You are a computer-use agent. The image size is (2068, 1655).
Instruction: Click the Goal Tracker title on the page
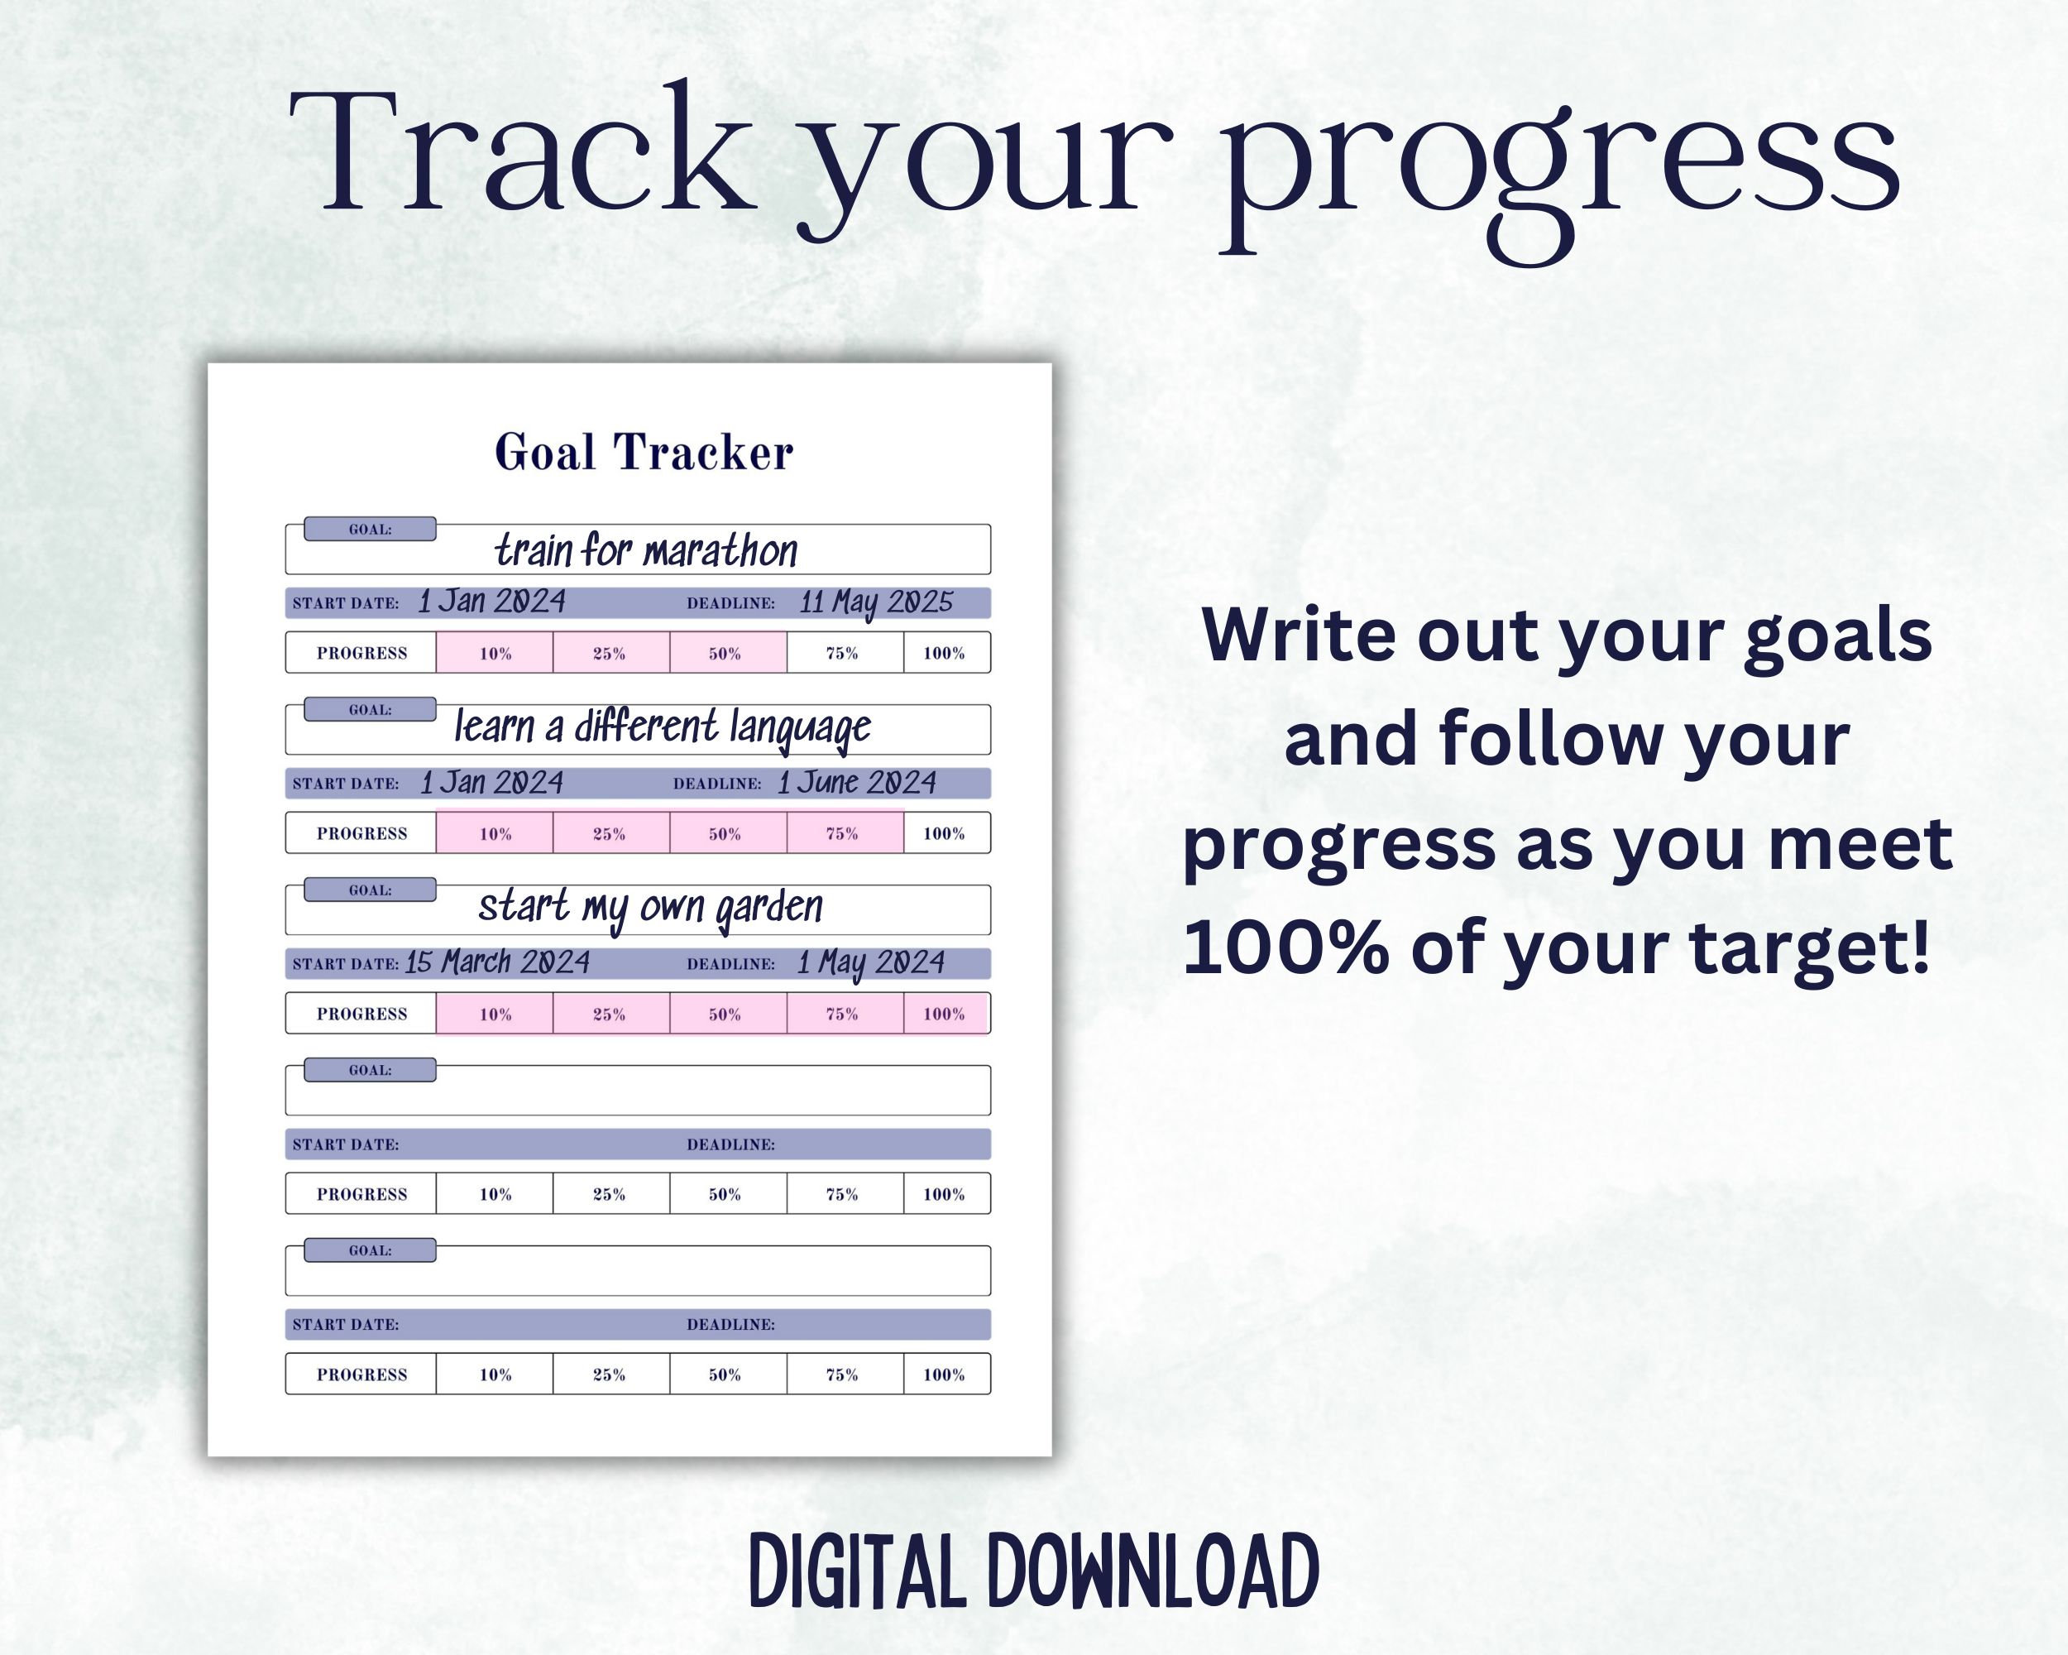[x=644, y=452]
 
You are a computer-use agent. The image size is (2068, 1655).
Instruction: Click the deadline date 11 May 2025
[x=876, y=602]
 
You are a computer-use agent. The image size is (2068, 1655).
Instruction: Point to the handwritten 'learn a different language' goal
[x=662, y=727]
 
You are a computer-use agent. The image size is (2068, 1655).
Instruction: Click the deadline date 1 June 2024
[x=856, y=783]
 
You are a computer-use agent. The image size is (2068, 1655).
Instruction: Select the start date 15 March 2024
[x=497, y=962]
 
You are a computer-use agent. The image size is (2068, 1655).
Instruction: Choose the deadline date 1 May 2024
[x=870, y=962]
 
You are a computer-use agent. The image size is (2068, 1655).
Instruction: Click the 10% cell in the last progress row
[x=495, y=1374]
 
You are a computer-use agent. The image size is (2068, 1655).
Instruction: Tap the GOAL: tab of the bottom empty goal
[x=371, y=1250]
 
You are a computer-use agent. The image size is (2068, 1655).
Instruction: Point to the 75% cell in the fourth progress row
[x=842, y=1194]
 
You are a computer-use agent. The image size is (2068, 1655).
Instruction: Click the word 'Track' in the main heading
[x=523, y=154]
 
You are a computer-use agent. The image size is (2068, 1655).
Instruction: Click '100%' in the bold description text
[x=1285, y=948]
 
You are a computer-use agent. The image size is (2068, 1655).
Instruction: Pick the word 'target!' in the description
[x=1809, y=948]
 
